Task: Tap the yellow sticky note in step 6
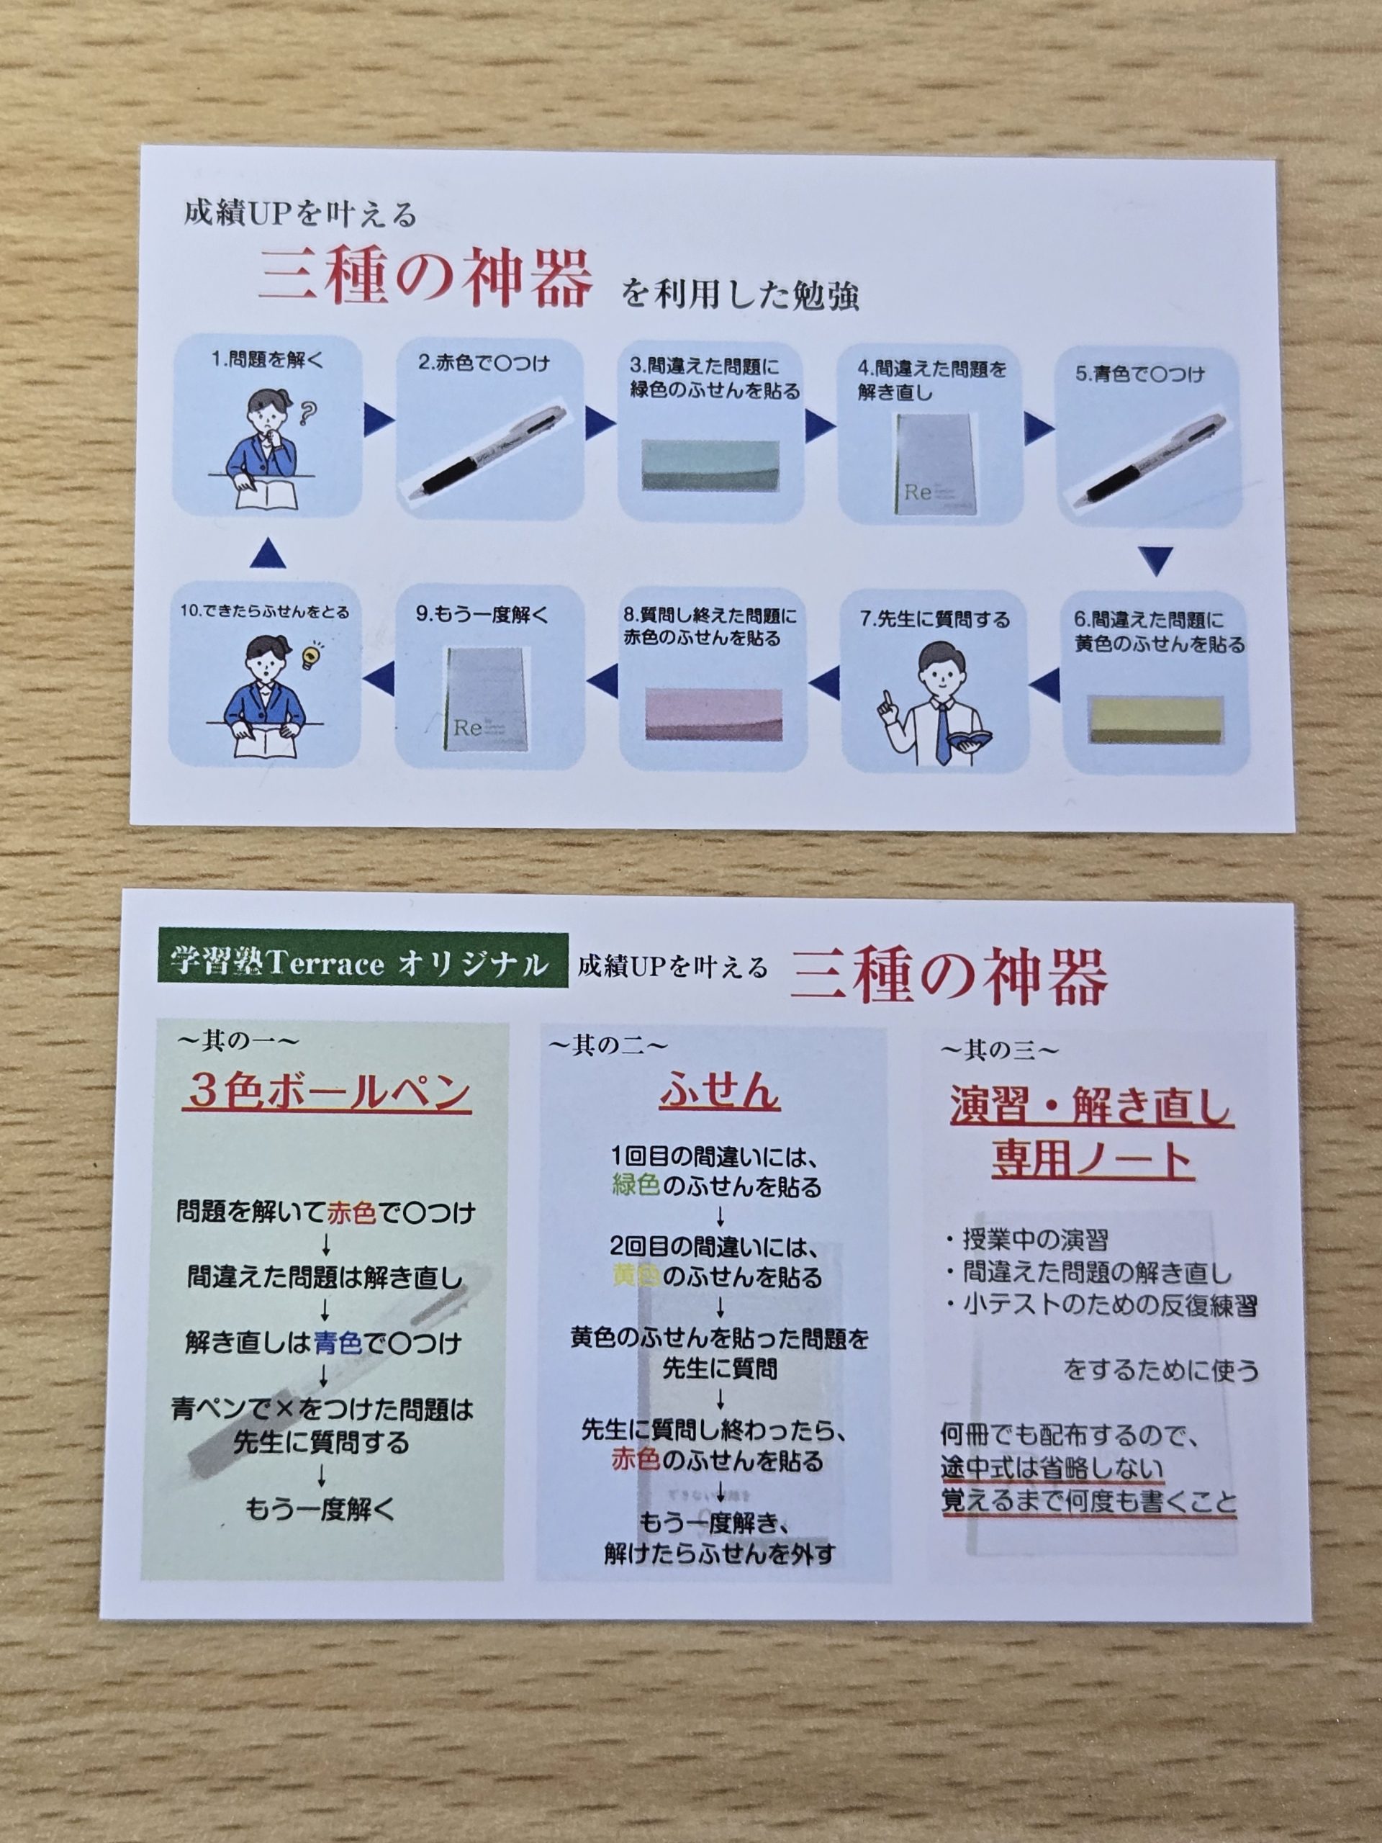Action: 1155,716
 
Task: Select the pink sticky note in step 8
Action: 713,714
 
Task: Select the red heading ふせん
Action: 719,1091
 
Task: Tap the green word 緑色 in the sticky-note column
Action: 636,1186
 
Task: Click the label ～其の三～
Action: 1000,1050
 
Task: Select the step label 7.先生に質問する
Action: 935,619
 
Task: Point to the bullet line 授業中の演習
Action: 1027,1239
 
